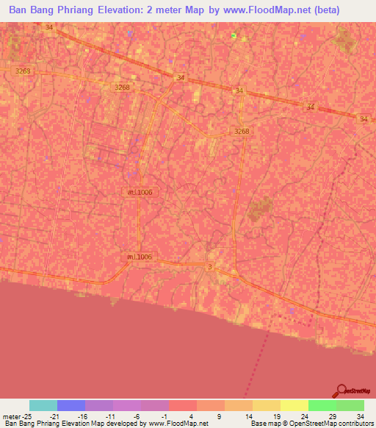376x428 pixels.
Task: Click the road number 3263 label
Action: pyautogui.click(x=23, y=71)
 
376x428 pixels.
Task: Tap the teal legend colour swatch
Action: pyautogui.click(x=43, y=405)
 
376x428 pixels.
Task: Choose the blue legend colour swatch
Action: pyautogui.click(x=71, y=405)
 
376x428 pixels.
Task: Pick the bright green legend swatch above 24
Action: pyautogui.click(x=322, y=405)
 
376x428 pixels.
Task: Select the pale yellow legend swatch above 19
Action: pyautogui.click(x=294, y=405)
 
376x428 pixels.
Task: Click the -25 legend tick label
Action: pyautogui.click(x=29, y=416)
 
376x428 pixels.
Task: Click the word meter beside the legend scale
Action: pyautogui.click(x=12, y=416)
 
